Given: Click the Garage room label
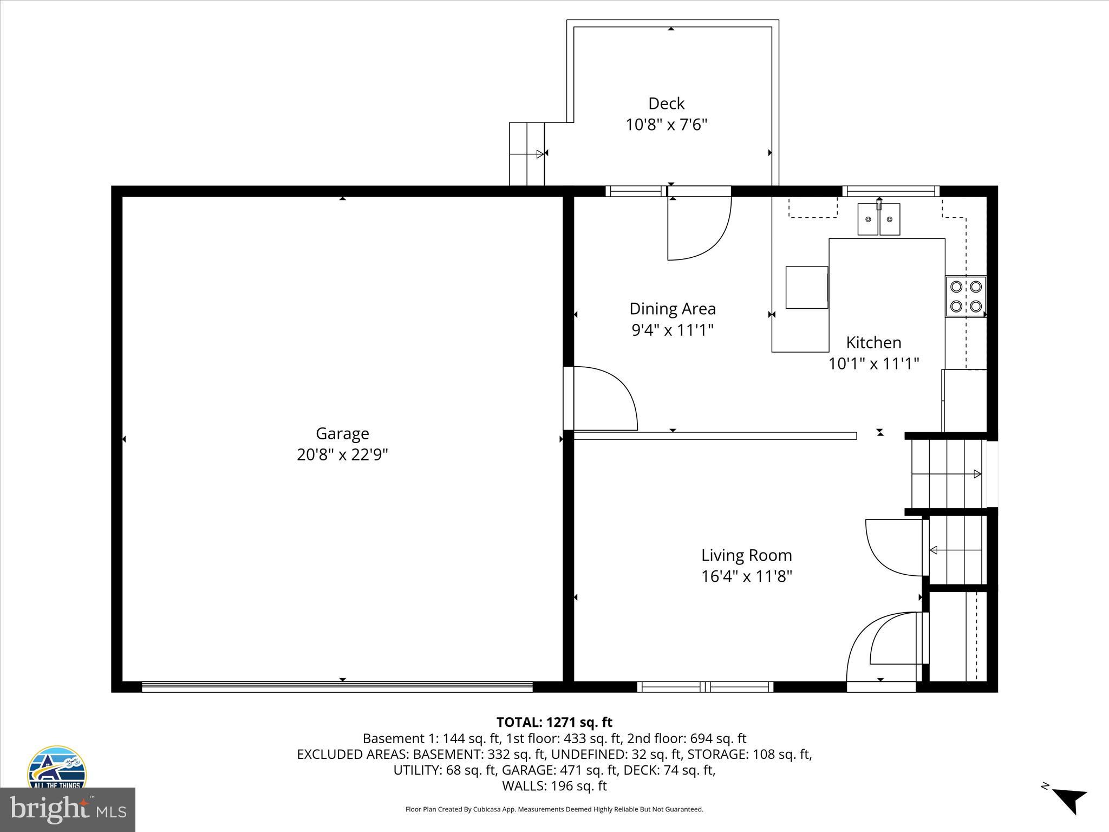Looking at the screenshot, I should coord(342,433).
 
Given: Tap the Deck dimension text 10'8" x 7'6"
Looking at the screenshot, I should coord(667,125).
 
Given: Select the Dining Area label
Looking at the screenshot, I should coord(672,309).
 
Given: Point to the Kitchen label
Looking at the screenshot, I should coord(873,342).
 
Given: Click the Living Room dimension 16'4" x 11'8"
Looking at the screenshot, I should coord(746,576).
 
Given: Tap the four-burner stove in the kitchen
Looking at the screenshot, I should coord(966,297).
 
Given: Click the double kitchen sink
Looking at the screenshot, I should coord(878,219).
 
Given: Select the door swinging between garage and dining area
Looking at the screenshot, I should coord(601,398).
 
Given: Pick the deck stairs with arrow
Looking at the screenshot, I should coord(526,154).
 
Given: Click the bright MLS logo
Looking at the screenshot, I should coord(67,810).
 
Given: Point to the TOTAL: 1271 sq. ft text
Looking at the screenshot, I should coord(554,722).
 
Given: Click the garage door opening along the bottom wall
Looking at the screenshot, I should coord(337,686).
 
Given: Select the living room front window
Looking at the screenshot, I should coord(704,687).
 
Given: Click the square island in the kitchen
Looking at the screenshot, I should coord(806,287).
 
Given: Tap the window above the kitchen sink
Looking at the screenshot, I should coord(891,191).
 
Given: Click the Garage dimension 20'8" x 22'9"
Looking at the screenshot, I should coord(342,454).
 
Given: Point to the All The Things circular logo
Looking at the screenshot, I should coord(56,768).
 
